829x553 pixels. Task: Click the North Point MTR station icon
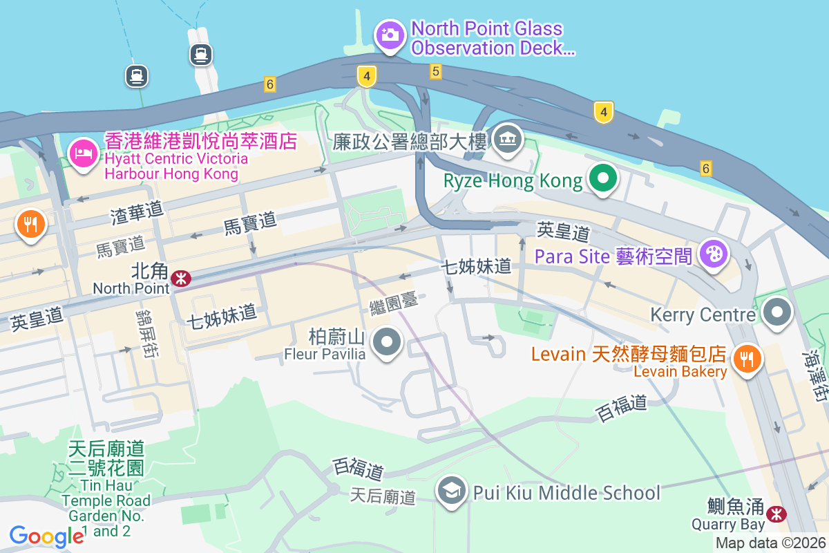pos(182,279)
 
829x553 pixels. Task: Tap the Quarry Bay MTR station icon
pos(777,514)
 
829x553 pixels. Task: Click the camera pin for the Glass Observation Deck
pos(389,34)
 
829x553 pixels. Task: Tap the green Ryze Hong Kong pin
pos(603,179)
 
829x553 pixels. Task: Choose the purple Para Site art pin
pos(714,254)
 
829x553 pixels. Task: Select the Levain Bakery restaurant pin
pos(747,358)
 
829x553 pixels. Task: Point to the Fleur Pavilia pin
pos(388,341)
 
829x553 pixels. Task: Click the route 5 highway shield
pos(435,71)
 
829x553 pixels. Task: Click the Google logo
pos(46,536)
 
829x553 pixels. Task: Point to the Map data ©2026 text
pos(770,543)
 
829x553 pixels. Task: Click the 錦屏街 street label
pos(146,334)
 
